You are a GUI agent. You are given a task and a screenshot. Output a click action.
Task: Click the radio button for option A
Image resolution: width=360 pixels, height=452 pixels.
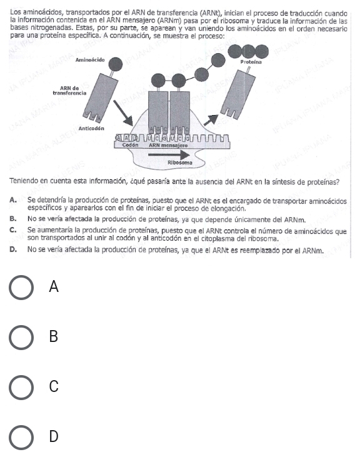click(21, 288)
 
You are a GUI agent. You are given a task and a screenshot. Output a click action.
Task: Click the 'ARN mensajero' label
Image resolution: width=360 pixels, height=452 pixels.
click(164, 144)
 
